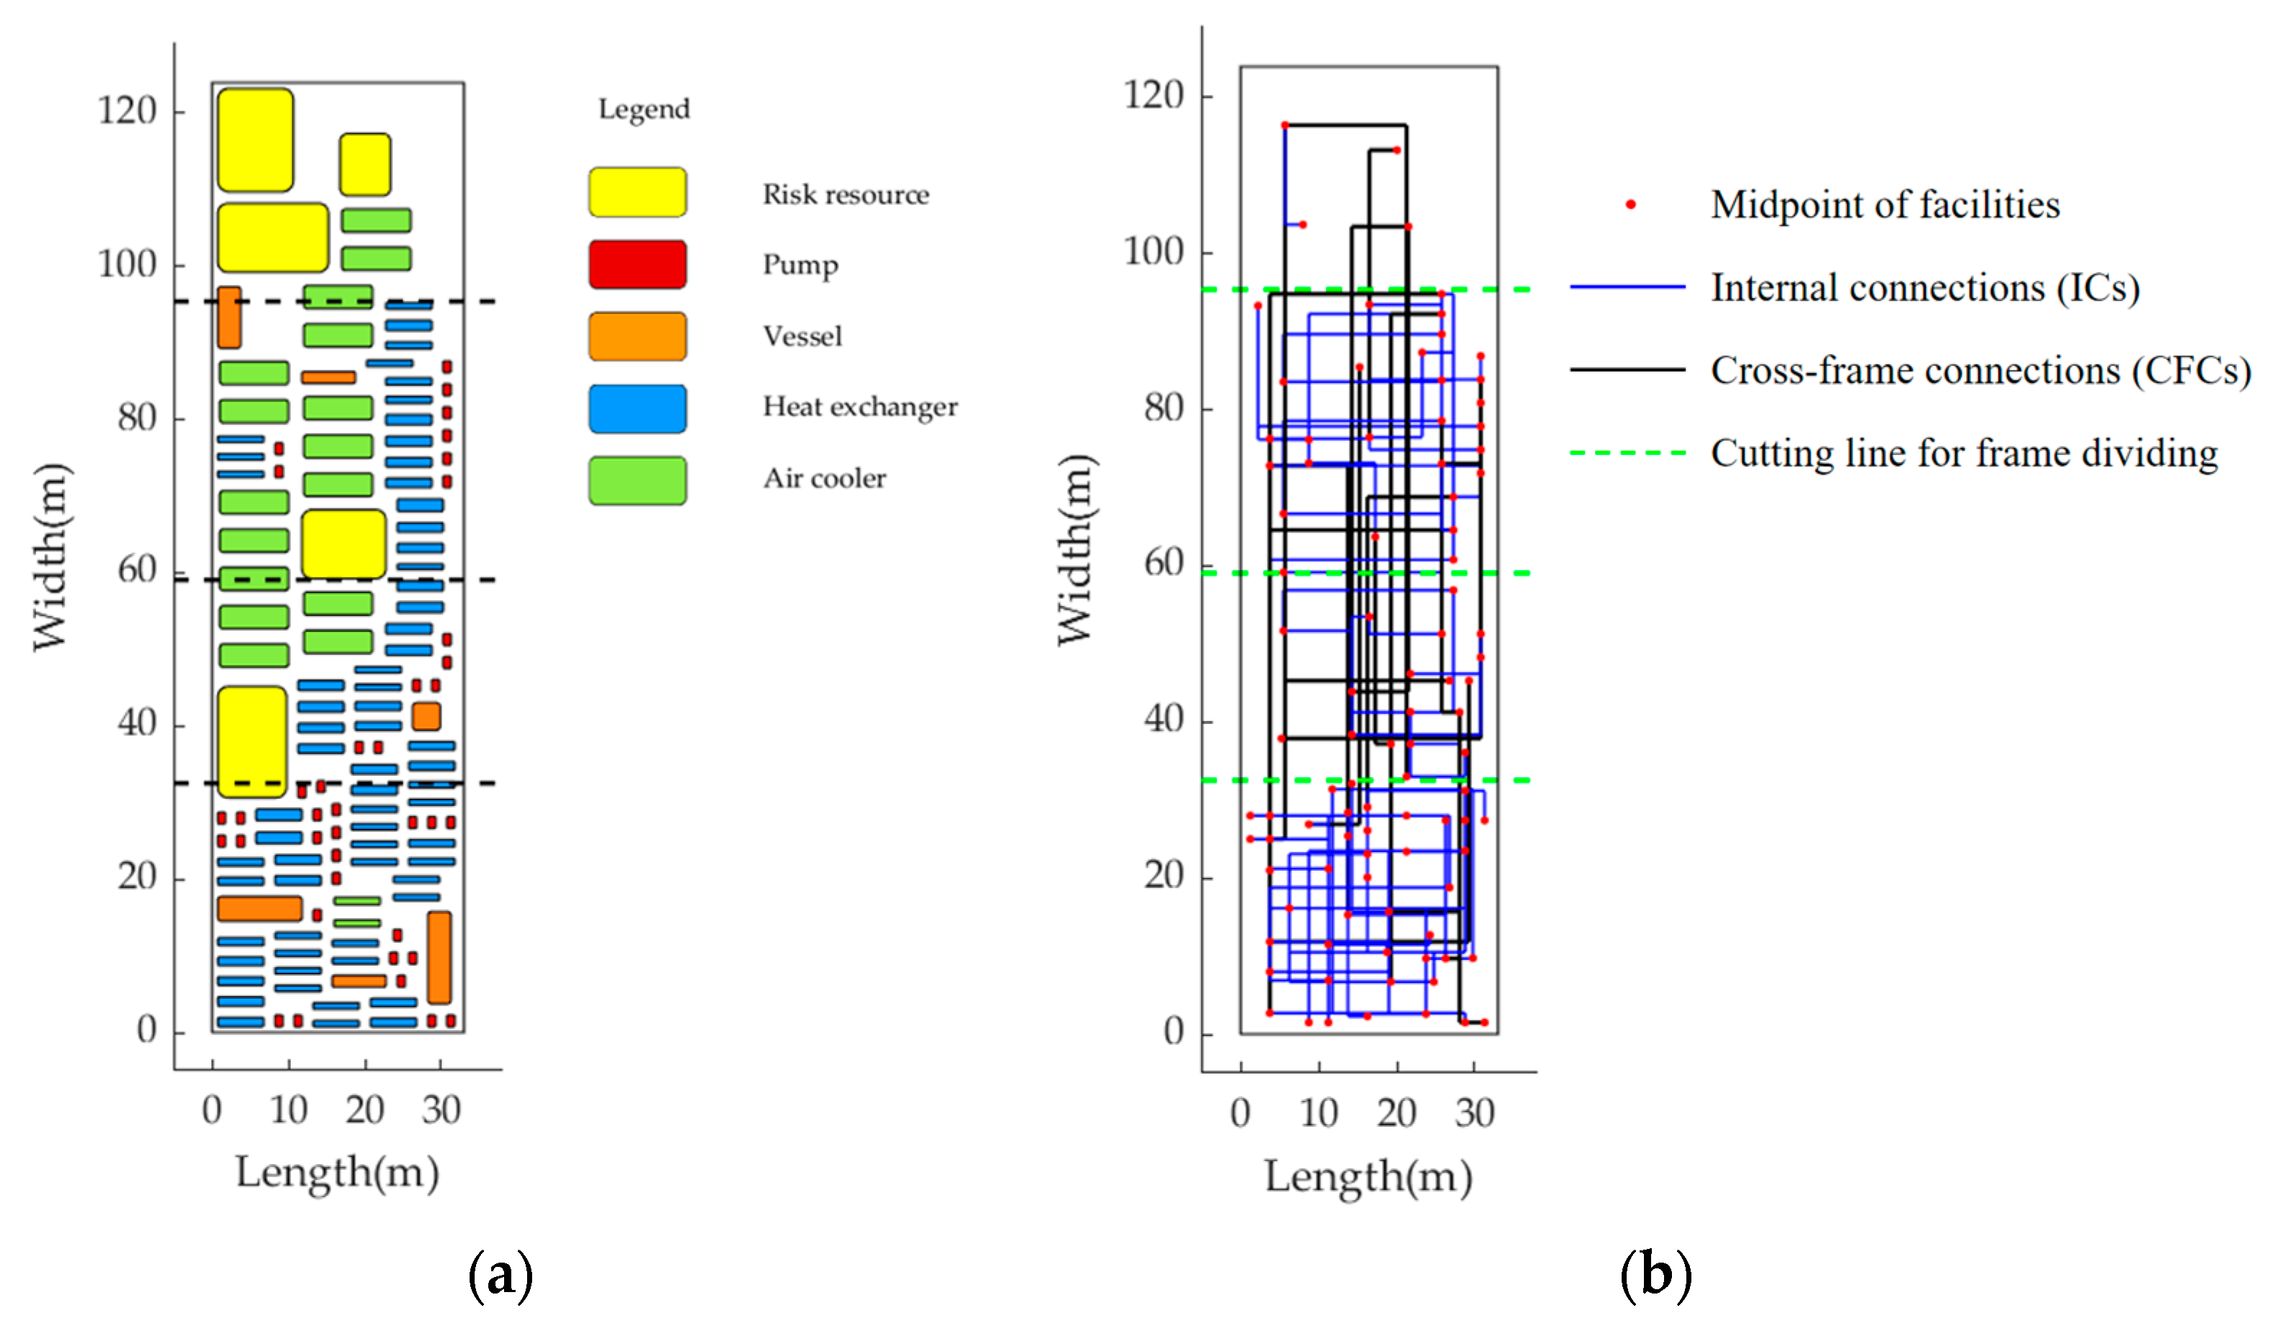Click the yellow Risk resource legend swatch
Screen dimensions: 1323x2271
(637, 192)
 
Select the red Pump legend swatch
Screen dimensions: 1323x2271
(637, 264)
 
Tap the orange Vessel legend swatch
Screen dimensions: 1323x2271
(637, 337)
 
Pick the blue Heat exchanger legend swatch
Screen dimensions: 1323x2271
(637, 408)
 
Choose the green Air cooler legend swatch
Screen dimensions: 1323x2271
(637, 480)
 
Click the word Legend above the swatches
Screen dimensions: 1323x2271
(644, 109)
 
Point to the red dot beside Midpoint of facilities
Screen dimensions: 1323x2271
(1630, 205)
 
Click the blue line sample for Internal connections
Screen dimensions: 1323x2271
(1627, 288)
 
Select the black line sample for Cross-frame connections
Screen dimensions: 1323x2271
(1627, 370)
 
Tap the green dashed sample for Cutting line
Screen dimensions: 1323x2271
(1627, 452)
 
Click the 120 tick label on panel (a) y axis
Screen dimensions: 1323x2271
(127, 111)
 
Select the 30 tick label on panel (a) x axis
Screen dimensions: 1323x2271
(441, 1110)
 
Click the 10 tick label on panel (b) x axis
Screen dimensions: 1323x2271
(1318, 1114)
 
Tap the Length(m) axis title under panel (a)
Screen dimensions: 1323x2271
(337, 1173)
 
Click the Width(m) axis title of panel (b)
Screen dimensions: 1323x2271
(1075, 550)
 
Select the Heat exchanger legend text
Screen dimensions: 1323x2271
(860, 408)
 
